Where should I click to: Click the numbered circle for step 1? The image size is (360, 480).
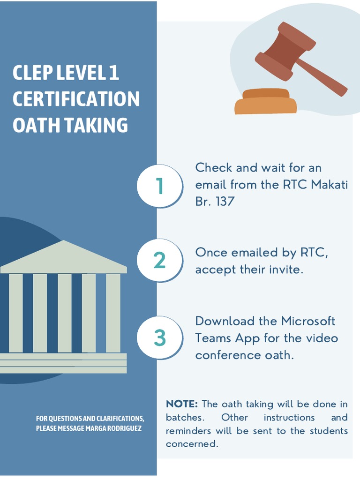click(159, 186)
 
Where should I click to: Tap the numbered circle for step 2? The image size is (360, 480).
click(159, 261)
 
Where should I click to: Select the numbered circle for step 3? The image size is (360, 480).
click(159, 338)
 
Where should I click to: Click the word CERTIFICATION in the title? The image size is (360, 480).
click(76, 99)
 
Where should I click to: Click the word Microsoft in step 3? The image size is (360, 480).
click(308, 321)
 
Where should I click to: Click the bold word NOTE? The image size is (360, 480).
click(182, 404)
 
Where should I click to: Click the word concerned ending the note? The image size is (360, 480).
click(191, 444)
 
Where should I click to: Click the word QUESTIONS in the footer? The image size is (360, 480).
click(63, 418)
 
